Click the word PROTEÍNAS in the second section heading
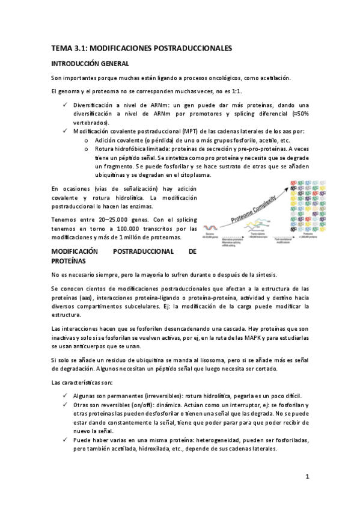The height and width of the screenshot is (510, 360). pos(69,262)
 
